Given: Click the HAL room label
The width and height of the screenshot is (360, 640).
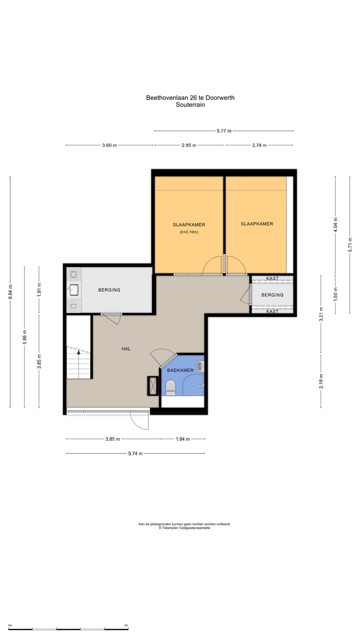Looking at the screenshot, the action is click(x=126, y=349).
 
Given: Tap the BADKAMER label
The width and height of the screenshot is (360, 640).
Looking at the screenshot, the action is click(x=180, y=370).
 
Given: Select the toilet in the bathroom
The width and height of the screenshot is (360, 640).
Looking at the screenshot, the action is click(x=170, y=387).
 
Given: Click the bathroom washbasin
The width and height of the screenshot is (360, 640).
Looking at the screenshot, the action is click(x=200, y=366).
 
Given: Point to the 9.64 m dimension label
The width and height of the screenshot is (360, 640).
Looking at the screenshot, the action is click(x=10, y=292).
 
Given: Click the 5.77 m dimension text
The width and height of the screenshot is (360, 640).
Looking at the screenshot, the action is click(x=224, y=131).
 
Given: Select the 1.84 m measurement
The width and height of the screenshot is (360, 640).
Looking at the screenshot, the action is click(x=183, y=439).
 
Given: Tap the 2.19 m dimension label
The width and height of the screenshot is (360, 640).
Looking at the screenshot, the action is click(x=321, y=381).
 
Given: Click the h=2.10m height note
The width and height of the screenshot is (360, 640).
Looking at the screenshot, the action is click(x=189, y=232).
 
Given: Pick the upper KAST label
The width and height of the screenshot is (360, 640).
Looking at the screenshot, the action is click(x=272, y=278).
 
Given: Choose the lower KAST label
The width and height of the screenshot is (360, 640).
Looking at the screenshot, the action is click(x=272, y=311).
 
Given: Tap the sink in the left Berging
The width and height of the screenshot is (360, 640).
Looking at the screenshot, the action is click(x=73, y=290).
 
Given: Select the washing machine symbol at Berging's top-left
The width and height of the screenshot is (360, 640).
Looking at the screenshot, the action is click(x=73, y=274).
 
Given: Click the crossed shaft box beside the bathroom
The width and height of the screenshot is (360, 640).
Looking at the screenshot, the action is click(x=153, y=386).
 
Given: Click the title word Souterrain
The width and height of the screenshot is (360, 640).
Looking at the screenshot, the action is click(x=190, y=104).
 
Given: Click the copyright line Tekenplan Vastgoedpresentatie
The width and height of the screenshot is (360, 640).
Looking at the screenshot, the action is click(x=184, y=527).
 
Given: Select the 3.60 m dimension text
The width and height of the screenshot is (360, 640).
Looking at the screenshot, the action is click(x=109, y=145).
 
